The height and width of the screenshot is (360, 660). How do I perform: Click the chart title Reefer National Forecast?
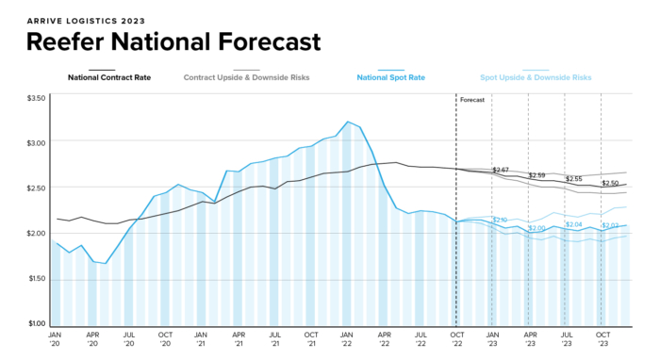tap(173, 41)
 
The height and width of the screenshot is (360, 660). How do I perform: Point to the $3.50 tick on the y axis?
tap(36, 98)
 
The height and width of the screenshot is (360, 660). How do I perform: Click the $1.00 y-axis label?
tap(36, 324)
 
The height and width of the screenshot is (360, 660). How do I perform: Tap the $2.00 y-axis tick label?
tap(36, 234)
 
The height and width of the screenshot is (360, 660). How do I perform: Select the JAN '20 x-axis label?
tap(56, 338)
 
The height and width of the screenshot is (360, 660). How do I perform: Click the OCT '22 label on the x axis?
tap(456, 338)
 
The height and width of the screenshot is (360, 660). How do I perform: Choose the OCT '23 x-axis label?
tap(602, 338)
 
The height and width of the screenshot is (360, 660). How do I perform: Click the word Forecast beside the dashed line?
tap(472, 99)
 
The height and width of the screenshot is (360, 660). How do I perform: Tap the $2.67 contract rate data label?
tap(501, 170)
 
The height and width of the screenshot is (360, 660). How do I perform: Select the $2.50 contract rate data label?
tap(610, 183)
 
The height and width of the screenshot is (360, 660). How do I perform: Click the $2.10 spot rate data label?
tap(500, 220)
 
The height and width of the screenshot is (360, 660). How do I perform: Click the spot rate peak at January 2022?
tap(348, 122)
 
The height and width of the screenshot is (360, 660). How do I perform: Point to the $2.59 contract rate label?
tap(536, 175)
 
